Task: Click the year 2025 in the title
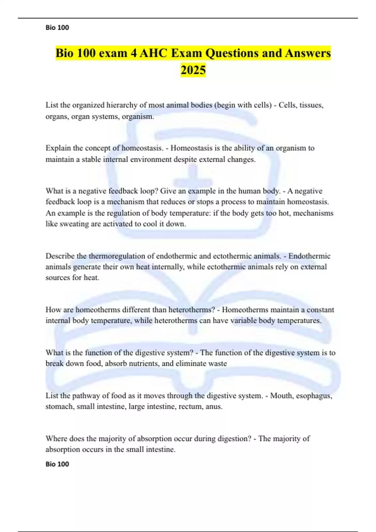point(193,70)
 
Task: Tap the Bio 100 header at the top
point(57,28)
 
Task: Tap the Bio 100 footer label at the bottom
point(57,464)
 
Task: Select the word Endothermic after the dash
point(309,256)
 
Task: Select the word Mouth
point(281,396)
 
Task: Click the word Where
point(56,439)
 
